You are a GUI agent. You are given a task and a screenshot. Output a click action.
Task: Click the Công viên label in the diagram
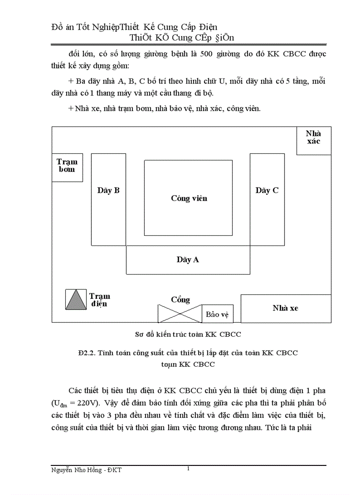(189, 198)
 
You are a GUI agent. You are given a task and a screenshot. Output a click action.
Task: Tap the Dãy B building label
(109, 190)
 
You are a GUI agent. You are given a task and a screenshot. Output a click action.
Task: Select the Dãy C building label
(267, 190)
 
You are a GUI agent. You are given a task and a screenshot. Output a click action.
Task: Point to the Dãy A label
(188, 260)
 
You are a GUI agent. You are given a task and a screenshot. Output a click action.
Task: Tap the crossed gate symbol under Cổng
(180, 313)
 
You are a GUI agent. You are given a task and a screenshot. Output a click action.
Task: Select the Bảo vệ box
(217, 315)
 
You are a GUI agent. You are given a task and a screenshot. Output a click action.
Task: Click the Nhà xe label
(285, 308)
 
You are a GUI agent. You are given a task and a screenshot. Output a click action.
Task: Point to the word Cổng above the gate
(180, 300)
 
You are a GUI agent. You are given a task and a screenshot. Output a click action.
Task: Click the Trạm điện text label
(99, 300)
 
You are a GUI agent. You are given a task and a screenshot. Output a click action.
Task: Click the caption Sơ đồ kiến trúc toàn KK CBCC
(188, 334)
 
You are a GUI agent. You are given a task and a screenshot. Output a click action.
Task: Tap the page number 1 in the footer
(188, 468)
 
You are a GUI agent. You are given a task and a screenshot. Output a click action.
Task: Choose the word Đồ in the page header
(58, 27)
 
